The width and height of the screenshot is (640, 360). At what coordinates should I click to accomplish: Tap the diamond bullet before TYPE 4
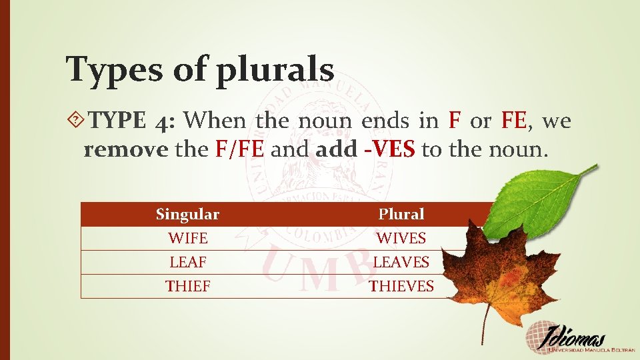(x=77, y=121)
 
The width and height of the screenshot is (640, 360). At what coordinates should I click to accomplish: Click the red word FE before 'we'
(x=514, y=121)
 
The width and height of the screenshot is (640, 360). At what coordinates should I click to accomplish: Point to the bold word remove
(x=125, y=149)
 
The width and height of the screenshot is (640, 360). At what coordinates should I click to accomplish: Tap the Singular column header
(x=187, y=215)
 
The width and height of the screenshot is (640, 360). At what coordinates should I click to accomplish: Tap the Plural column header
(x=401, y=215)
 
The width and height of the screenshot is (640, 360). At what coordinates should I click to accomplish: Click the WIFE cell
(x=187, y=238)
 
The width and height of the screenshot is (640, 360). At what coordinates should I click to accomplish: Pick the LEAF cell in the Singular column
(x=187, y=262)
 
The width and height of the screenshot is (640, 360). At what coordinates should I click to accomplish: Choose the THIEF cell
(x=187, y=286)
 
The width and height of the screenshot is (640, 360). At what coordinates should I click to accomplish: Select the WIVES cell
(x=401, y=238)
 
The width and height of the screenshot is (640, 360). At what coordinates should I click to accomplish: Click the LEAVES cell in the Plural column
(x=401, y=262)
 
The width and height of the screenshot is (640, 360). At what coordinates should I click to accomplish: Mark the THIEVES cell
(x=401, y=286)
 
